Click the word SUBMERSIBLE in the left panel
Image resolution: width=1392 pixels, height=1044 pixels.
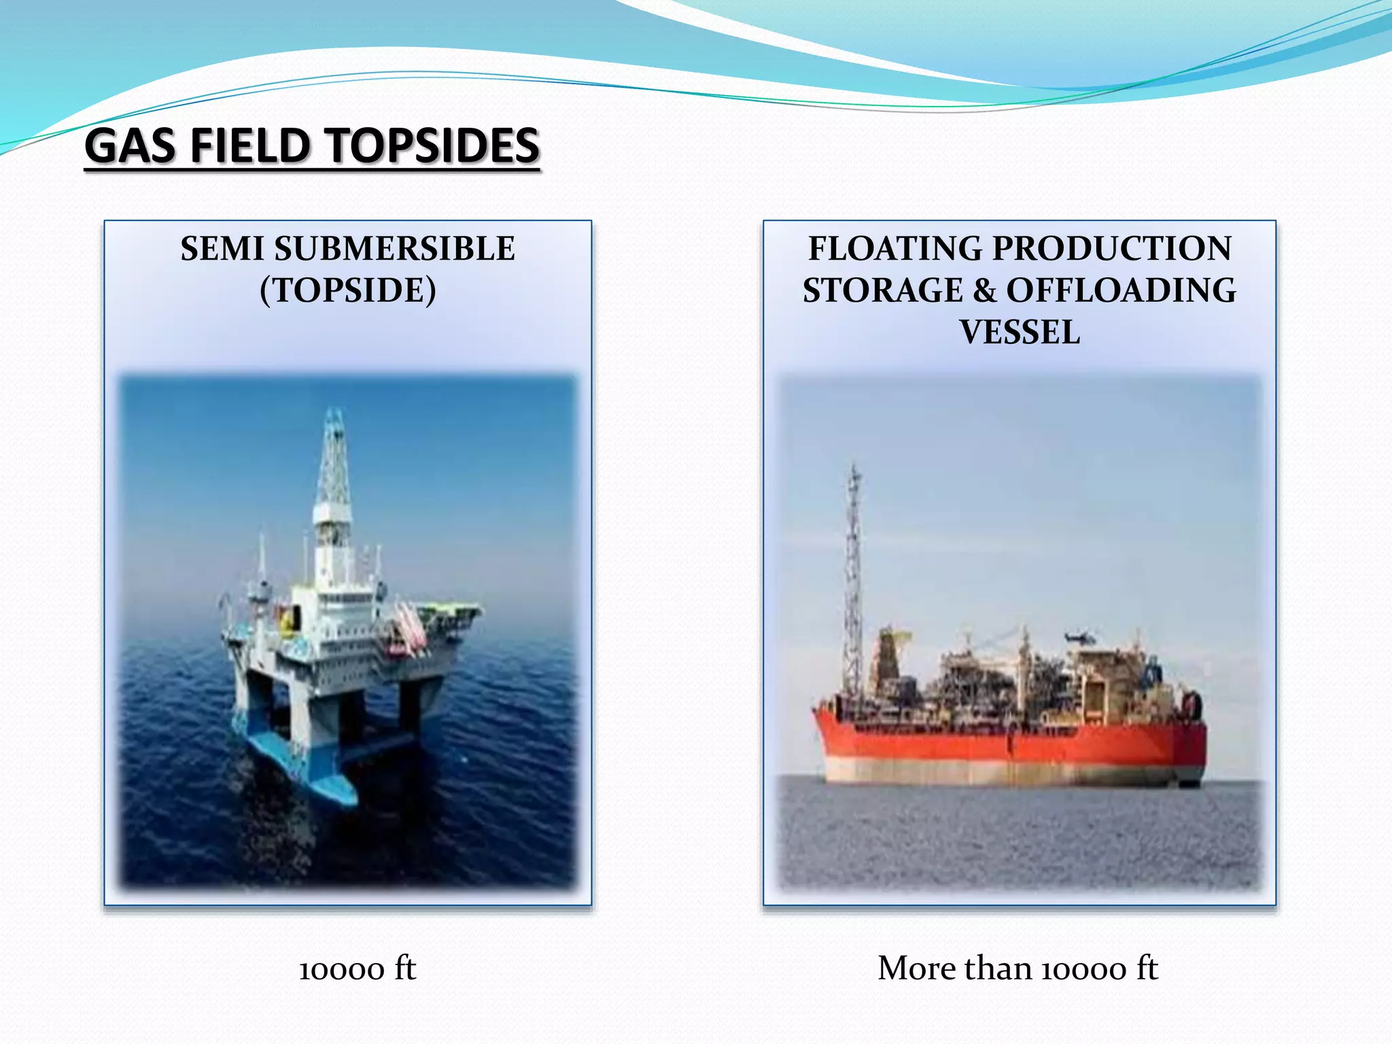pos(394,249)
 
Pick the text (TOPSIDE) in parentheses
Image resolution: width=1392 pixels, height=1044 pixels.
pos(348,291)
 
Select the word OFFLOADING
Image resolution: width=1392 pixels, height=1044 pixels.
pos(1121,291)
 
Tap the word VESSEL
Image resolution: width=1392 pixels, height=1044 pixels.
pos(1020,333)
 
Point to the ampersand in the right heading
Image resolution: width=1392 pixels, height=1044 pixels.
pos(984,291)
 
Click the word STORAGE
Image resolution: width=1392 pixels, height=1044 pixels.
pos(882,291)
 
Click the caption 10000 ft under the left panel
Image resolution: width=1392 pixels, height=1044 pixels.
pos(358,969)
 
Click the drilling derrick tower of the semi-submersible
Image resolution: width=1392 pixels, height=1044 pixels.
pos(334,476)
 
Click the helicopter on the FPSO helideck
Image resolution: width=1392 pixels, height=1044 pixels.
pos(1079,638)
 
